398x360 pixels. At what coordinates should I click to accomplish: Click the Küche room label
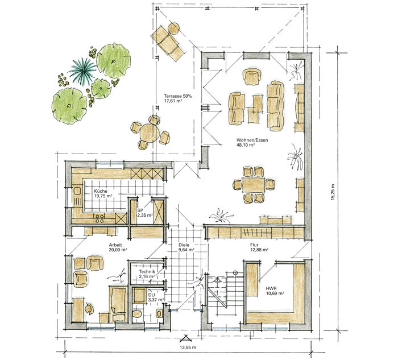coord(101,191)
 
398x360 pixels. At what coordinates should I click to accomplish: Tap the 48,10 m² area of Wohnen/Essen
coord(246,145)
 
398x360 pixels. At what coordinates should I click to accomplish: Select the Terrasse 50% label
coord(177,96)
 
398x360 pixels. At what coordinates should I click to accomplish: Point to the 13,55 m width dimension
coord(187,347)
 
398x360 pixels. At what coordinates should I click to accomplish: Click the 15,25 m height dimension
coord(333,192)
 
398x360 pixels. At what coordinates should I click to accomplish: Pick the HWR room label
coord(271,288)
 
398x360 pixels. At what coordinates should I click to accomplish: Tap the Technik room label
coord(147,272)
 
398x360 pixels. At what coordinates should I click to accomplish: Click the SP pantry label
coord(140,210)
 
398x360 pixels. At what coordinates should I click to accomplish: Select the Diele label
coord(184,245)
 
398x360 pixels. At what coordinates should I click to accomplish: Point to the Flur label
coord(254,245)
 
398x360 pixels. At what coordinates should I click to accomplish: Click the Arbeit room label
coord(115,245)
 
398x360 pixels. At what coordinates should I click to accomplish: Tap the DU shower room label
coord(152,295)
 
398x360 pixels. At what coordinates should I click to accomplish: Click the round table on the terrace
coord(150,133)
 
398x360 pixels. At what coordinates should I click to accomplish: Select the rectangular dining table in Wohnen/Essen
coord(254,185)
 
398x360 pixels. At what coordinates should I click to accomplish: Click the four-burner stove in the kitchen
coord(100,218)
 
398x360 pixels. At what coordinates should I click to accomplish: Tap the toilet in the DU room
coord(137,313)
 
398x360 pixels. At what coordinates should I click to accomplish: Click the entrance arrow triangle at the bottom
coord(186,338)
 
